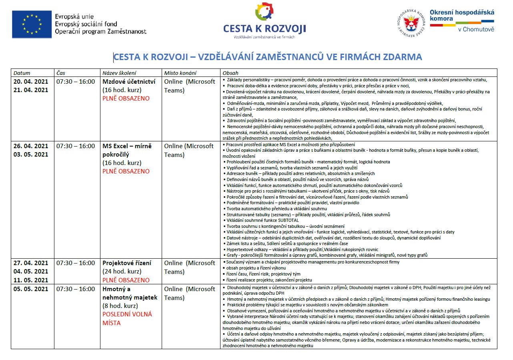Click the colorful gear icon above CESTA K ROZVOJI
point(265,12)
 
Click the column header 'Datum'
point(22,73)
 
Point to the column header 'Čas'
point(61,73)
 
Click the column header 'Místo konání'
point(180,73)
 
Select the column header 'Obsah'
point(230,73)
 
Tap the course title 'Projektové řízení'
point(127,263)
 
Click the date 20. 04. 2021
point(31,81)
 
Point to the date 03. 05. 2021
point(31,155)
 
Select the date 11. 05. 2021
point(31,280)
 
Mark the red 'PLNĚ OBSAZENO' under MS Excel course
point(126,171)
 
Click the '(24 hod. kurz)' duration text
point(122,272)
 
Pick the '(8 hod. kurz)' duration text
point(120,306)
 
